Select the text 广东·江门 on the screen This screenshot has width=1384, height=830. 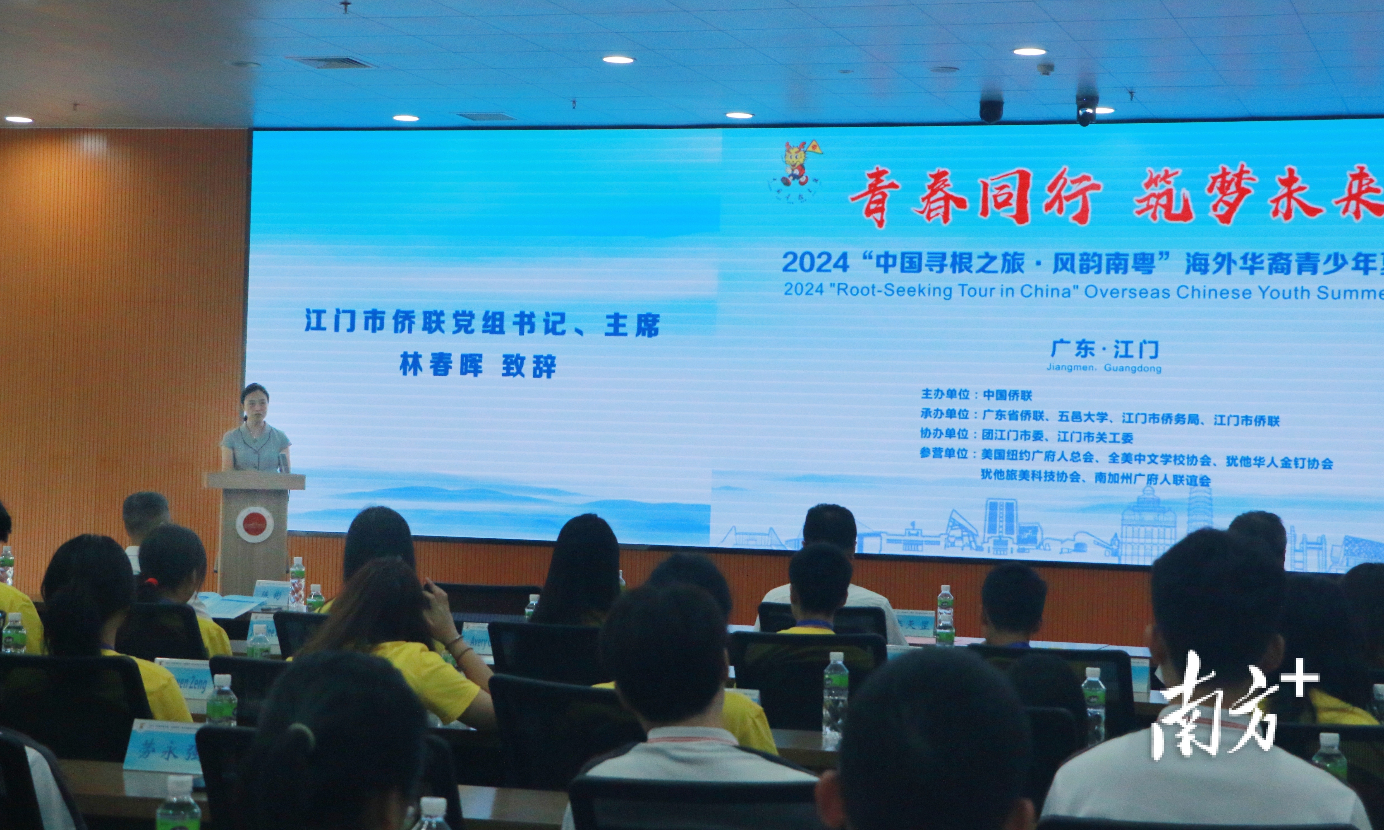click(1104, 349)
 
